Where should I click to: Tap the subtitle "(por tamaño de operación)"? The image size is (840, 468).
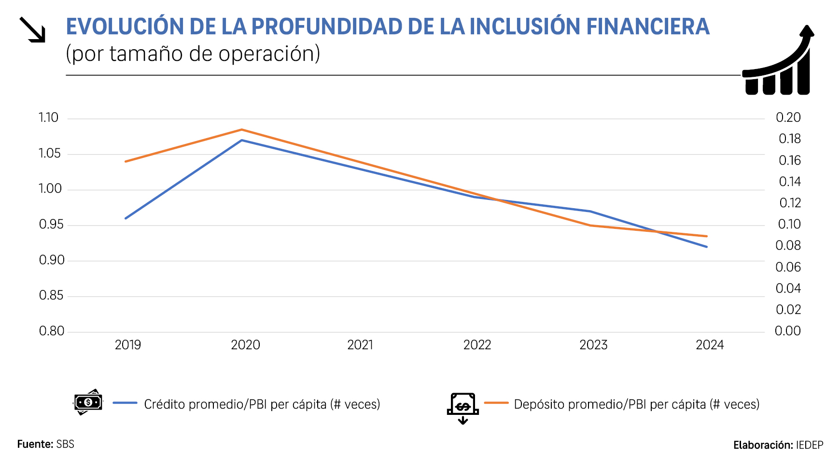(193, 54)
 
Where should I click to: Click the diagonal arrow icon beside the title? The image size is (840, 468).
(32, 30)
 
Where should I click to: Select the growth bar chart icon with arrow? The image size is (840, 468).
(778, 61)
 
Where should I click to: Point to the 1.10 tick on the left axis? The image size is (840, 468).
(48, 118)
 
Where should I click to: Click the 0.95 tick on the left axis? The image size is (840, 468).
(51, 225)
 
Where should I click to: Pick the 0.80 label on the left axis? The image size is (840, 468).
(51, 331)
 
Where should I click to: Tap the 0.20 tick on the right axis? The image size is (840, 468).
(788, 118)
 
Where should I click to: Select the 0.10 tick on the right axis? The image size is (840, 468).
(789, 225)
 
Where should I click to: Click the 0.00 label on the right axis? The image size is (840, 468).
(787, 331)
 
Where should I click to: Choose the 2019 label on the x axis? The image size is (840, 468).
(128, 345)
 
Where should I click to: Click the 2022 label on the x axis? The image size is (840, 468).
(477, 345)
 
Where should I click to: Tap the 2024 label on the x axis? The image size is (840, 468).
(710, 345)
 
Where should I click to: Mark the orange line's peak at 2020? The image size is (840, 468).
(241, 129)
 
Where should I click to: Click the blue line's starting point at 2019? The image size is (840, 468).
(126, 218)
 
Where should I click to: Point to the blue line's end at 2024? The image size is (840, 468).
(707, 247)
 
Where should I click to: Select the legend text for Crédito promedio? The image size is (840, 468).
(262, 404)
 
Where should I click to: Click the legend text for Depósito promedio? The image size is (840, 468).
(636, 404)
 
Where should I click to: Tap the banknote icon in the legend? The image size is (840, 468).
(88, 402)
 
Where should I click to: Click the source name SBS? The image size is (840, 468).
(65, 444)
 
